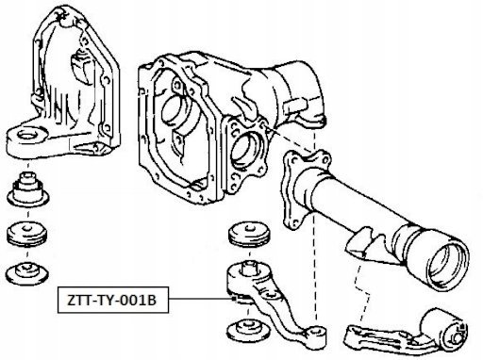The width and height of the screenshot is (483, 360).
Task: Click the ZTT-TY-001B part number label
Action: pos(112,301)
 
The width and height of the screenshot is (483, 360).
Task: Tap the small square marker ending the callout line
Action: pos(233,299)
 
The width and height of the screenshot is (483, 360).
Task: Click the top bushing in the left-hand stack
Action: pos(29,188)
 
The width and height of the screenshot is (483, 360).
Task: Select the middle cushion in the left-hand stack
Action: pos(27,234)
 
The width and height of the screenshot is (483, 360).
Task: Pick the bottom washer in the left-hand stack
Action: pos(28,273)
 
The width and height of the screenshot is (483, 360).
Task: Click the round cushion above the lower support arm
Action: pos(249,235)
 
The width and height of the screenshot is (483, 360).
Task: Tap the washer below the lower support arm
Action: pos(248,330)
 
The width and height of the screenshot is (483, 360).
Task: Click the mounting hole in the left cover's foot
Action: pos(28,134)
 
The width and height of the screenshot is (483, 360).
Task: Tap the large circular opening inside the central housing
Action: pos(176,113)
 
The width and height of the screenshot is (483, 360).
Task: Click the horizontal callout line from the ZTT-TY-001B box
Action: pos(200,299)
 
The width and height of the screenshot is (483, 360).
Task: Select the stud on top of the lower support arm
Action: pos(248,270)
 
